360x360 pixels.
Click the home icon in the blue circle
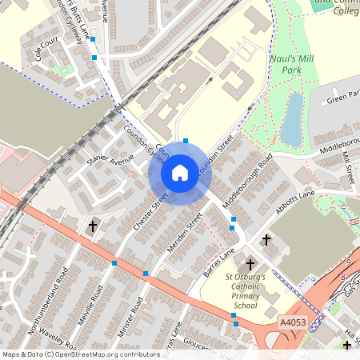[x=180, y=172]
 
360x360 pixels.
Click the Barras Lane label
[x=218, y=262]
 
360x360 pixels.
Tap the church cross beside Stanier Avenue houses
[x=92, y=226]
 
